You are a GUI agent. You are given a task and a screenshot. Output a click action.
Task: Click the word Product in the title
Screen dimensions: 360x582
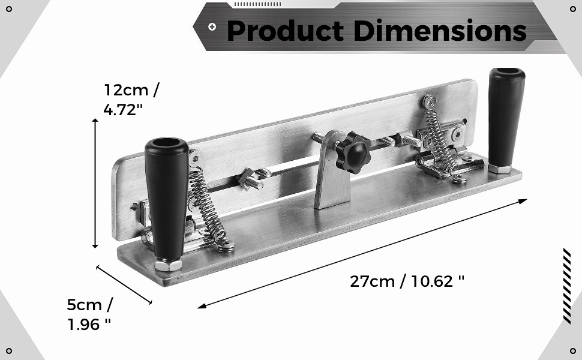pyautogui.click(x=285, y=31)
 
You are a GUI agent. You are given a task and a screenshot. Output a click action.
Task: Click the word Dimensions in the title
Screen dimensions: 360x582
pyautogui.click(x=440, y=31)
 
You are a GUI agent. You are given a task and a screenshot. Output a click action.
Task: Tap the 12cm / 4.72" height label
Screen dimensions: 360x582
pyautogui.click(x=131, y=100)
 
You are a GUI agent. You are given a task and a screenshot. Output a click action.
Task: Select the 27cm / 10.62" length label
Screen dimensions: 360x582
pyautogui.click(x=407, y=280)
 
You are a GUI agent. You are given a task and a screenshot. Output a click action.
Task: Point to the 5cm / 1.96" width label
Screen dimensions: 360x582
pyautogui.click(x=89, y=314)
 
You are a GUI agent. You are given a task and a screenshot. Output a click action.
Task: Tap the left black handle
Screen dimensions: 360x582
pyautogui.click(x=166, y=198)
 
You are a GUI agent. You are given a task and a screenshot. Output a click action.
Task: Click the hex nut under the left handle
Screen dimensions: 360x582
pyautogui.click(x=169, y=265)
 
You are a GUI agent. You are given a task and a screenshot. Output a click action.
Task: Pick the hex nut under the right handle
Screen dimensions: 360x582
pyautogui.click(x=499, y=168)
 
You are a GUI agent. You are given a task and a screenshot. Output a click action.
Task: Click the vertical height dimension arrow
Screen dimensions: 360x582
pyautogui.click(x=95, y=183)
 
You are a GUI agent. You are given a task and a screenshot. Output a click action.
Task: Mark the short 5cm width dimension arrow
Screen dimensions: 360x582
pyautogui.click(x=125, y=284)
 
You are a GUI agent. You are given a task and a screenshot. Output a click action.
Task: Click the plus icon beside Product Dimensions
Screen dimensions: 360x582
pyautogui.click(x=212, y=26)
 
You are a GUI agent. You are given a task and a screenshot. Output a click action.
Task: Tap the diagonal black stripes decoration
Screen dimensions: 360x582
pyautogui.click(x=566, y=286)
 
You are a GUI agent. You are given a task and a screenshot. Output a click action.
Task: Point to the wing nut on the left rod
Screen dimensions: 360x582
pyautogui.click(x=250, y=178)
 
